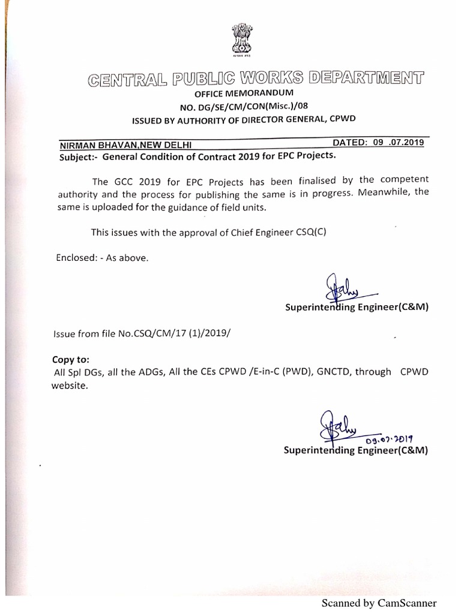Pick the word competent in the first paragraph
[x=402, y=179]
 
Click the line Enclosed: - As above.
[x=101, y=258]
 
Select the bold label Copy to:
[x=71, y=360]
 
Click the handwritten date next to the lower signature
[x=395, y=440]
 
